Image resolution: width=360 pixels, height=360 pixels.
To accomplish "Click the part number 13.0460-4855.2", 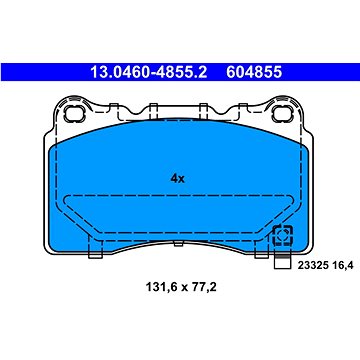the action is (x=149, y=72).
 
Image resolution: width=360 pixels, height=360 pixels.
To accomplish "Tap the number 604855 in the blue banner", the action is (x=254, y=72).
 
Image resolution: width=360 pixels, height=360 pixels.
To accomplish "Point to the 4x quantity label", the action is (x=177, y=179).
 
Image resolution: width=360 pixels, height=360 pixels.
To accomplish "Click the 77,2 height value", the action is (x=204, y=287).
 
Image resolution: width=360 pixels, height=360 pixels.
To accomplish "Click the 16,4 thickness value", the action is (x=342, y=266).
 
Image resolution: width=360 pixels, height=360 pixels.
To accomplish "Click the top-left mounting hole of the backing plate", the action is (x=73, y=114).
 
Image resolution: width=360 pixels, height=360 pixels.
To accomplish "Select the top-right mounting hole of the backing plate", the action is (x=282, y=114).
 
